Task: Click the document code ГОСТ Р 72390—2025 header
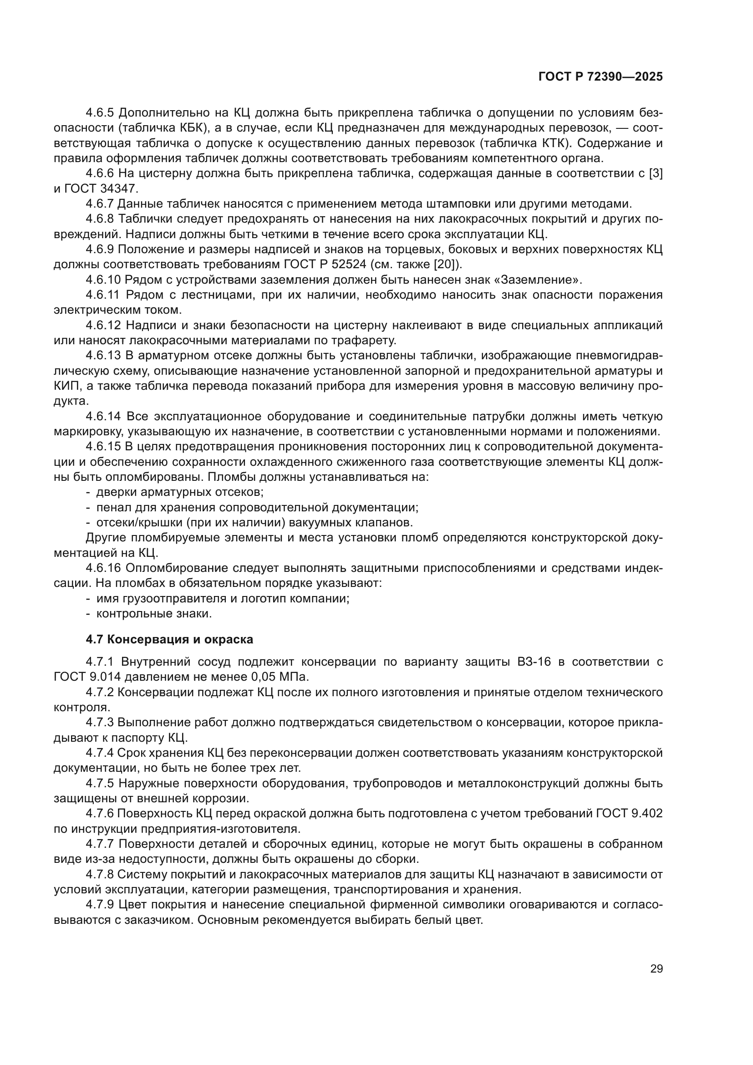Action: click(600, 77)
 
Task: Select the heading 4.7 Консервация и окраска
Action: click(169, 640)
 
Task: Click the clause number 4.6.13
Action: click(102, 356)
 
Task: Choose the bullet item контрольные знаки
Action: click(154, 614)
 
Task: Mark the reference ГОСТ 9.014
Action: click(84, 677)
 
